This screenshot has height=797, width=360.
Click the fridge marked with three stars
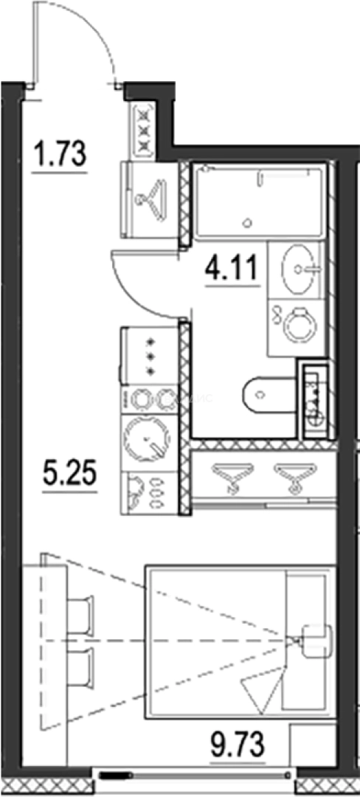coord(149,356)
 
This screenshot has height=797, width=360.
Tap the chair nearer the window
coord(79,668)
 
